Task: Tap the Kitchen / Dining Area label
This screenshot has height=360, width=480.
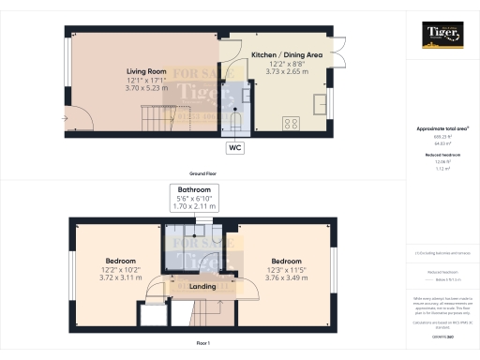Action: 287,55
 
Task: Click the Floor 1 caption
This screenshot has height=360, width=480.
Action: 203,344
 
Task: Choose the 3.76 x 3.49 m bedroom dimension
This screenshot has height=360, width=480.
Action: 287,278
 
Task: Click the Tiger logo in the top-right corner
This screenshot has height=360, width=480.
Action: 440,37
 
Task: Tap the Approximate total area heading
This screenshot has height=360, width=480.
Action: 440,127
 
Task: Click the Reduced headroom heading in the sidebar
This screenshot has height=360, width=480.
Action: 440,155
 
